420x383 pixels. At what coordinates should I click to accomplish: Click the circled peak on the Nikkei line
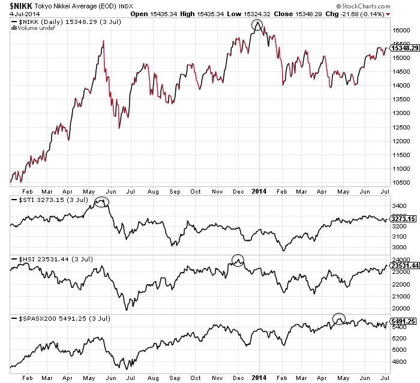click(x=257, y=25)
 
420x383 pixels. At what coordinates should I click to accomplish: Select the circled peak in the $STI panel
click(x=102, y=202)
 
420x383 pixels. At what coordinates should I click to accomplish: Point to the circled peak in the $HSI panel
click(x=238, y=261)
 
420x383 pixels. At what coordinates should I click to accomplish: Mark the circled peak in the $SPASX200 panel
click(x=340, y=319)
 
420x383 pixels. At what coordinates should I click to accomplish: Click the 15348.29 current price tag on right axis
click(x=404, y=47)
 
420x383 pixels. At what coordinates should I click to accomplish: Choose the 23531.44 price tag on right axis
click(x=404, y=265)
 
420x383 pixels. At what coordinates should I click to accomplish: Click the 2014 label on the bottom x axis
click(x=259, y=377)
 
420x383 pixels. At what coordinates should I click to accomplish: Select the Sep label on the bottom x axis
click(x=174, y=378)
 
